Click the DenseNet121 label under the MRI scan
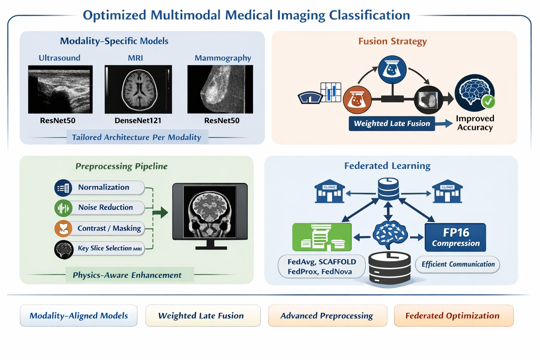138,120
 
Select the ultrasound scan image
60,89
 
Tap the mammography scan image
220,89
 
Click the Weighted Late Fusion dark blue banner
392,123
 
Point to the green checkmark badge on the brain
488,102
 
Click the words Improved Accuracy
475,123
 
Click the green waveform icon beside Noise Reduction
63,208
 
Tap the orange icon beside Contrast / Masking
63,229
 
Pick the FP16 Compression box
455,238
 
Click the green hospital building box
322,237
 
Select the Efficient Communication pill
457,264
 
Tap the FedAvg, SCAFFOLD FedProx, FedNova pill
322,266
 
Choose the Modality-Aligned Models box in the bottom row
79,316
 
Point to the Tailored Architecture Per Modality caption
137,137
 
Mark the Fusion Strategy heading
392,41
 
